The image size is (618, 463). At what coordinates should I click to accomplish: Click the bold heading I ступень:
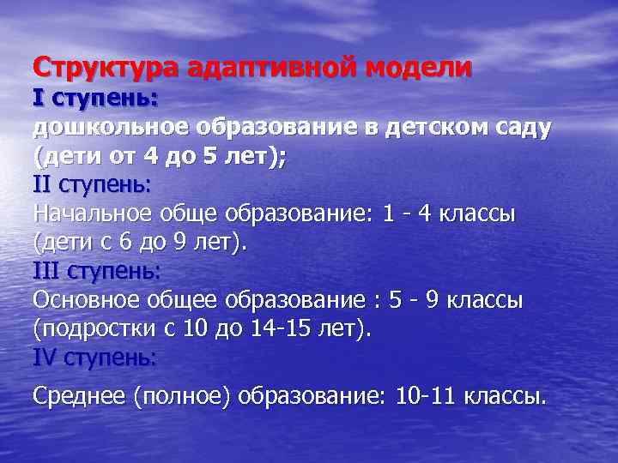[95, 99]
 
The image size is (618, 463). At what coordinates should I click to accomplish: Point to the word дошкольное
[112, 128]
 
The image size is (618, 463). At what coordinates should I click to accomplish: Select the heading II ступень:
[92, 185]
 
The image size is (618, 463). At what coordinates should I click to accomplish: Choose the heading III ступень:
[96, 272]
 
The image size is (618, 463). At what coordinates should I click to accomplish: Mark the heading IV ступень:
[94, 358]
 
